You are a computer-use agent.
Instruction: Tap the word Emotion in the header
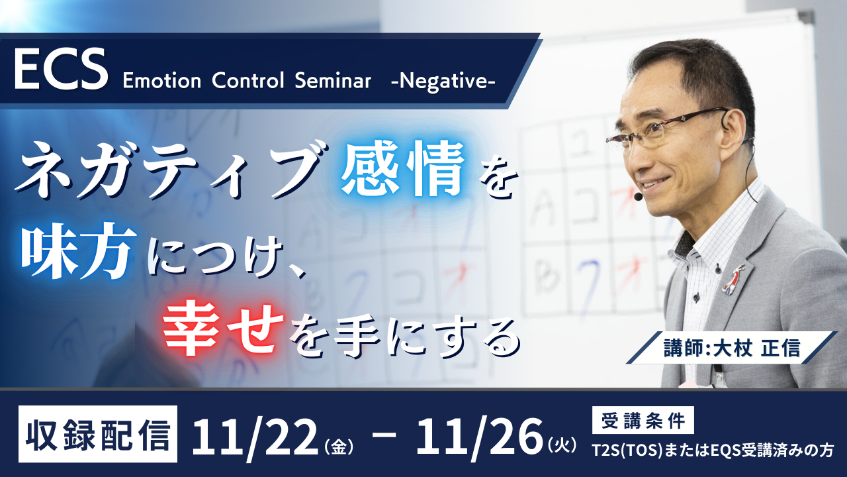point(162,81)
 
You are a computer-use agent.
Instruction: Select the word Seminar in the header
point(333,81)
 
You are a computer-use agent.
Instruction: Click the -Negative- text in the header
point(443,81)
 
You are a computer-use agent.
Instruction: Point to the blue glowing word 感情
point(404,169)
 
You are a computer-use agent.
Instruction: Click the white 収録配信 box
point(97,434)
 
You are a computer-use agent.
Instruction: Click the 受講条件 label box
point(643,420)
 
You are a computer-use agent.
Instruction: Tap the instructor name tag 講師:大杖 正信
point(732,348)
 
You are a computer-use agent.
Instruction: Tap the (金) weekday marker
point(339,447)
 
